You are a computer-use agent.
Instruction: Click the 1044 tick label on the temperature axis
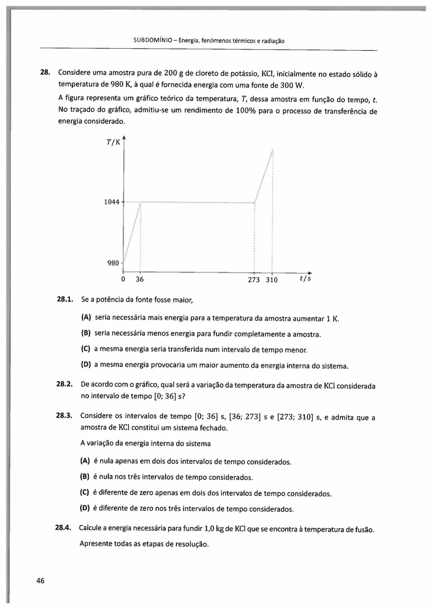(112, 202)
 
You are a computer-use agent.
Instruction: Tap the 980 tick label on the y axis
(113, 263)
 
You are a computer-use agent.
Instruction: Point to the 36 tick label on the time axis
(140, 279)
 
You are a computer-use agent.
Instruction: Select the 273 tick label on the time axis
(254, 280)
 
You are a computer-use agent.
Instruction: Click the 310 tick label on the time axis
(272, 280)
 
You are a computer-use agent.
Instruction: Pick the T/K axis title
(113, 142)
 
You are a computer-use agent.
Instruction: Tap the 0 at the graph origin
(123, 279)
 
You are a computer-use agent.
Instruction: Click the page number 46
(40, 581)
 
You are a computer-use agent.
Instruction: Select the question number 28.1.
(65, 299)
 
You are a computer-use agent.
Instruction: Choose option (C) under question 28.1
(85, 349)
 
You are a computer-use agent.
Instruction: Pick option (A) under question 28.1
(86, 318)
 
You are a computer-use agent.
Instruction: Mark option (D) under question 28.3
(85, 508)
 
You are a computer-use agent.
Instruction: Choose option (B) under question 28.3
(85, 477)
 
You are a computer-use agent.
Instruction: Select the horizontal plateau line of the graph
(198, 202)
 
